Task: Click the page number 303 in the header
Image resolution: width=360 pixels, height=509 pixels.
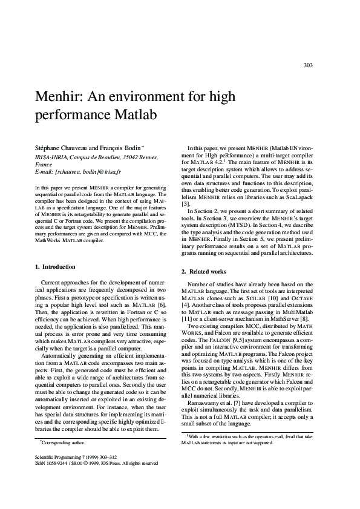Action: pyautogui.click(x=307, y=65)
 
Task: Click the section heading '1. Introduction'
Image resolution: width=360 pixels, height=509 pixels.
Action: pyautogui.click(x=55, y=266)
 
